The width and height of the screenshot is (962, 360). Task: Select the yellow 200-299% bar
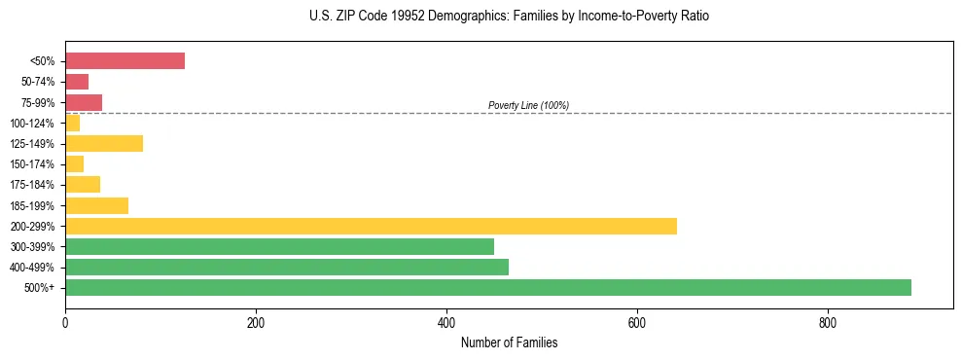[371, 226]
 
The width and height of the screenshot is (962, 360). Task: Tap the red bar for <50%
[125, 60]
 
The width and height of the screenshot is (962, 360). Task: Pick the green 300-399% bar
[279, 246]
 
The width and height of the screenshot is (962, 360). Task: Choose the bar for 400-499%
[287, 267]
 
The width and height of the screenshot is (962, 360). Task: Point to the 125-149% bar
[104, 143]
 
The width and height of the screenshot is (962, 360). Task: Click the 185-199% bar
[96, 205]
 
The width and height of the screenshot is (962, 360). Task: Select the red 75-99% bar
[84, 102]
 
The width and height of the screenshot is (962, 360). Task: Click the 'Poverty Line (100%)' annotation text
[528, 105]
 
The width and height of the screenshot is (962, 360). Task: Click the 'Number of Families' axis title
[509, 343]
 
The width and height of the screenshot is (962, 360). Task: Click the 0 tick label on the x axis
[65, 323]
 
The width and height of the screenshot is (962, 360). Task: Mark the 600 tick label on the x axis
[637, 323]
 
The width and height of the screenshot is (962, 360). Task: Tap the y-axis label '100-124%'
[32, 123]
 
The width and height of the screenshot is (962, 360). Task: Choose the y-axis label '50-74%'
[38, 82]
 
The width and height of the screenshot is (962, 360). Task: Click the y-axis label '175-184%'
[32, 185]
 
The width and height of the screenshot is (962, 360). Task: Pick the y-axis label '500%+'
[41, 288]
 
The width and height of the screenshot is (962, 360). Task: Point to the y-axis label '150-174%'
[32, 164]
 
